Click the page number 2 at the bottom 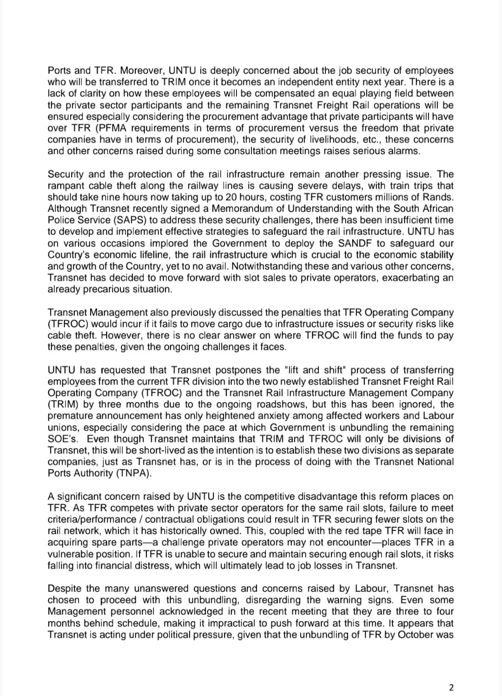coord(450,688)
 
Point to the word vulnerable coord(69,554)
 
